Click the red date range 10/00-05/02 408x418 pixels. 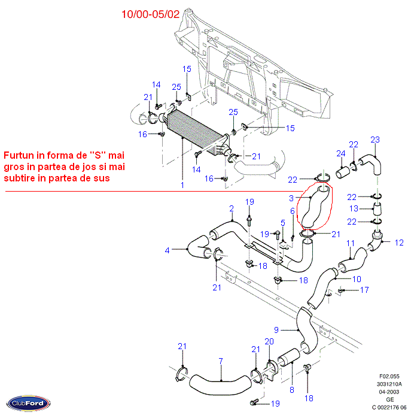coord(150,14)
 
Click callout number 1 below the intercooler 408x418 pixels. coord(182,186)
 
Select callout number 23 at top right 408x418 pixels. coord(374,140)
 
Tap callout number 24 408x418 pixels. coord(340,153)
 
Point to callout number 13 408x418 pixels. coord(354,208)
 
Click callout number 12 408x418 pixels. coord(399,243)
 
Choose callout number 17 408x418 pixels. coord(364,290)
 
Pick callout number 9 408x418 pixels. coord(277,329)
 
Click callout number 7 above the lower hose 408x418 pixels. coord(221,361)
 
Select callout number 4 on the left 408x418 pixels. coord(168,250)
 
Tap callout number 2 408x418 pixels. coord(231,208)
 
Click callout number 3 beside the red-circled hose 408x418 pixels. coord(291,198)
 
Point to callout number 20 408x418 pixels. coord(269,341)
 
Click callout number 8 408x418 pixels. coord(292,390)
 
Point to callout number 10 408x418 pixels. coord(356,278)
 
